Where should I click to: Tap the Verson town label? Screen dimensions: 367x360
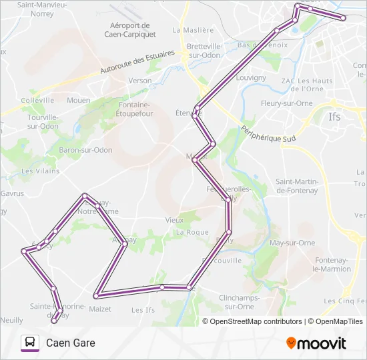pos(140,81)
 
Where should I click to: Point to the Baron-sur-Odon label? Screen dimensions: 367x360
pos(85,150)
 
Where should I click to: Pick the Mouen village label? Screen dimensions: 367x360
pos(78,100)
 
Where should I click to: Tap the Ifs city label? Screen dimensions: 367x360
pos(335,116)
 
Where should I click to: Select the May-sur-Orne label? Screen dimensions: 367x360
pos(292,243)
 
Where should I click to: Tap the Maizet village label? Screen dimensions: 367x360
pos(100,309)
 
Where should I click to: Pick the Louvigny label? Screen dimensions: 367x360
pos(252,78)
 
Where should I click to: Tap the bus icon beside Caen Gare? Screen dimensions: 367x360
pos(30,343)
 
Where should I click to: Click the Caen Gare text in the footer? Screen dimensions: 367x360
pos(71,343)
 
